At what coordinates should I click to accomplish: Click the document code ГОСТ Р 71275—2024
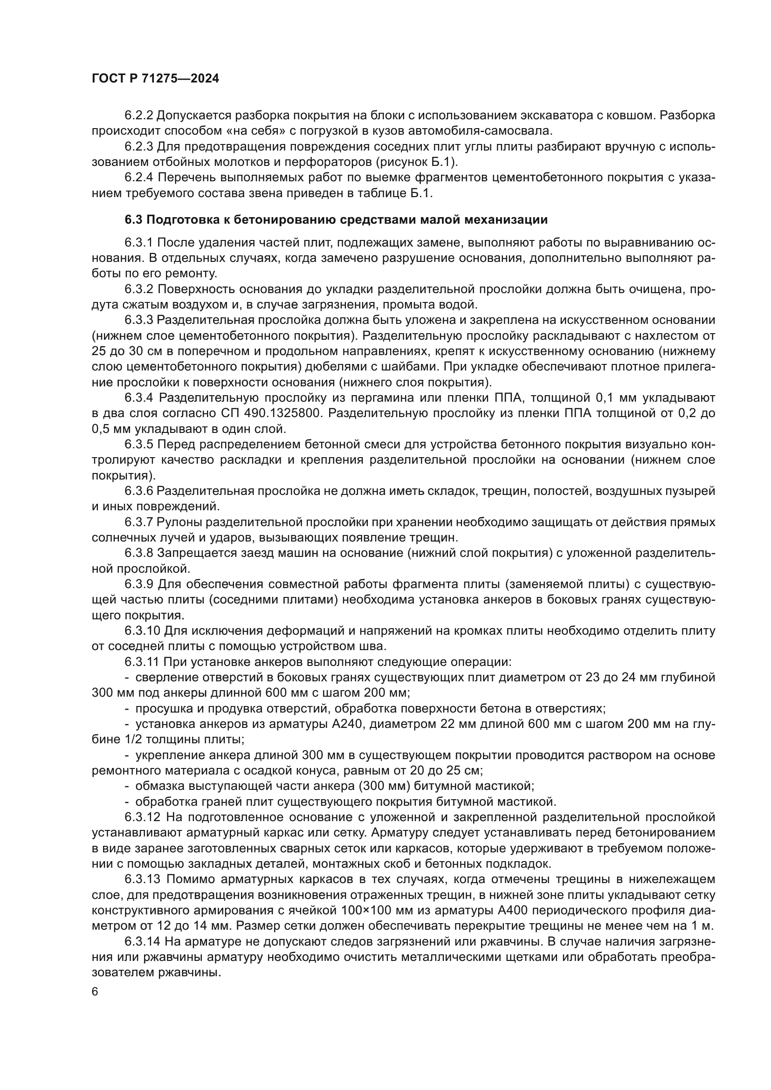click(x=155, y=79)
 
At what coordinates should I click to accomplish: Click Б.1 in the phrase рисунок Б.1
click(x=443, y=162)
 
